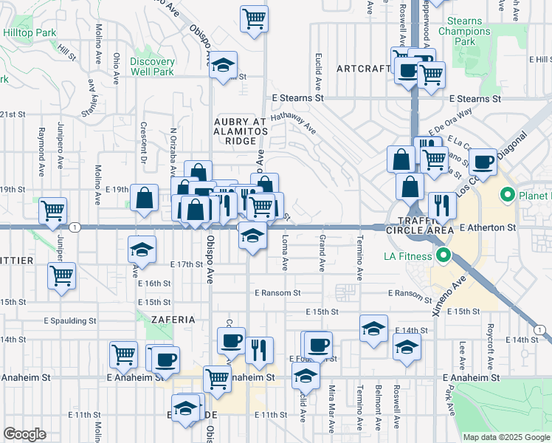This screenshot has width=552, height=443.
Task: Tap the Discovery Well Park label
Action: (152, 66)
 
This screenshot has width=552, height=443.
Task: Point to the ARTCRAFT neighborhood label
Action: (362, 69)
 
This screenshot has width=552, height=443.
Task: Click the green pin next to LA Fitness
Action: (443, 256)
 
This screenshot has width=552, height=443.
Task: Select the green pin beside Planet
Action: (507, 196)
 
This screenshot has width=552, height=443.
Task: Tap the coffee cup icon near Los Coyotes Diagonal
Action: (483, 161)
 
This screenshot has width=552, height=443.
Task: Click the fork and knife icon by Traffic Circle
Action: (442, 205)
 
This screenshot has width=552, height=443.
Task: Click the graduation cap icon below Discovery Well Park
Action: (222, 66)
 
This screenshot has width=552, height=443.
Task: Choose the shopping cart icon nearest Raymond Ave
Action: (53, 210)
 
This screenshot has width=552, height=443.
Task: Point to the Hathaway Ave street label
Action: (292, 122)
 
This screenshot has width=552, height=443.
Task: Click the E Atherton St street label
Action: (487, 229)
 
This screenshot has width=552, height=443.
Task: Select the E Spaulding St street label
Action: (69, 321)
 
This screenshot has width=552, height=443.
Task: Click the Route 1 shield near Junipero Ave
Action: (75, 227)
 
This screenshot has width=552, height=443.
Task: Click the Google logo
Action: (25, 434)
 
